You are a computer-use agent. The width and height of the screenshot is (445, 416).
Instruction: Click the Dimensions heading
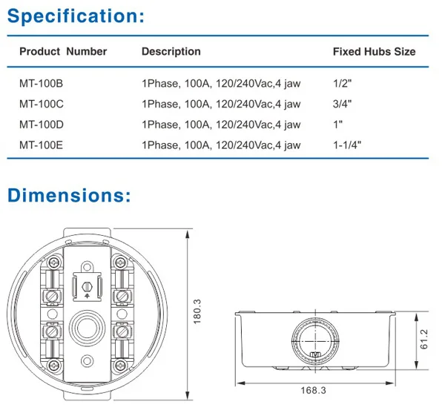pos(69,196)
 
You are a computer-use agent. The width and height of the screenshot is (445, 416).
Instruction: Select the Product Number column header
pos(63,52)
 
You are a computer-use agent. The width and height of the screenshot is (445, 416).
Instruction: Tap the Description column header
pos(171,52)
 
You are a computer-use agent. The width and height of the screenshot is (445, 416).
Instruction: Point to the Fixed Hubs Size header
pos(374,52)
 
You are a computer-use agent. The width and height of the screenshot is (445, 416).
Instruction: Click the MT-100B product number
pos(41,84)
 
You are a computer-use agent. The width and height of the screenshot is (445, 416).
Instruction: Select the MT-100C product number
pos(41,104)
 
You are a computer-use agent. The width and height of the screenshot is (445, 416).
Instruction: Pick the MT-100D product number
pos(41,125)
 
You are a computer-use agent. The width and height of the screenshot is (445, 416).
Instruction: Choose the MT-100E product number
pos(41,145)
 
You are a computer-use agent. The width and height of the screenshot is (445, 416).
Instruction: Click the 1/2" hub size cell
pos(342,84)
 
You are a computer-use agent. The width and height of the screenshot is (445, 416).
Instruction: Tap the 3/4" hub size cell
pos(342,104)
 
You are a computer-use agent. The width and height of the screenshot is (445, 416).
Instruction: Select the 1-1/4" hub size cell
pos(348,145)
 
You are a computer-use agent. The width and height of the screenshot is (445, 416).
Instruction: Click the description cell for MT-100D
pos(220,125)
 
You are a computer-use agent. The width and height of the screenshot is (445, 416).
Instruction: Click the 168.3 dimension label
pos(313,390)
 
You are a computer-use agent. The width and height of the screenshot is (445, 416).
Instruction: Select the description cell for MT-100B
pos(220,84)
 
